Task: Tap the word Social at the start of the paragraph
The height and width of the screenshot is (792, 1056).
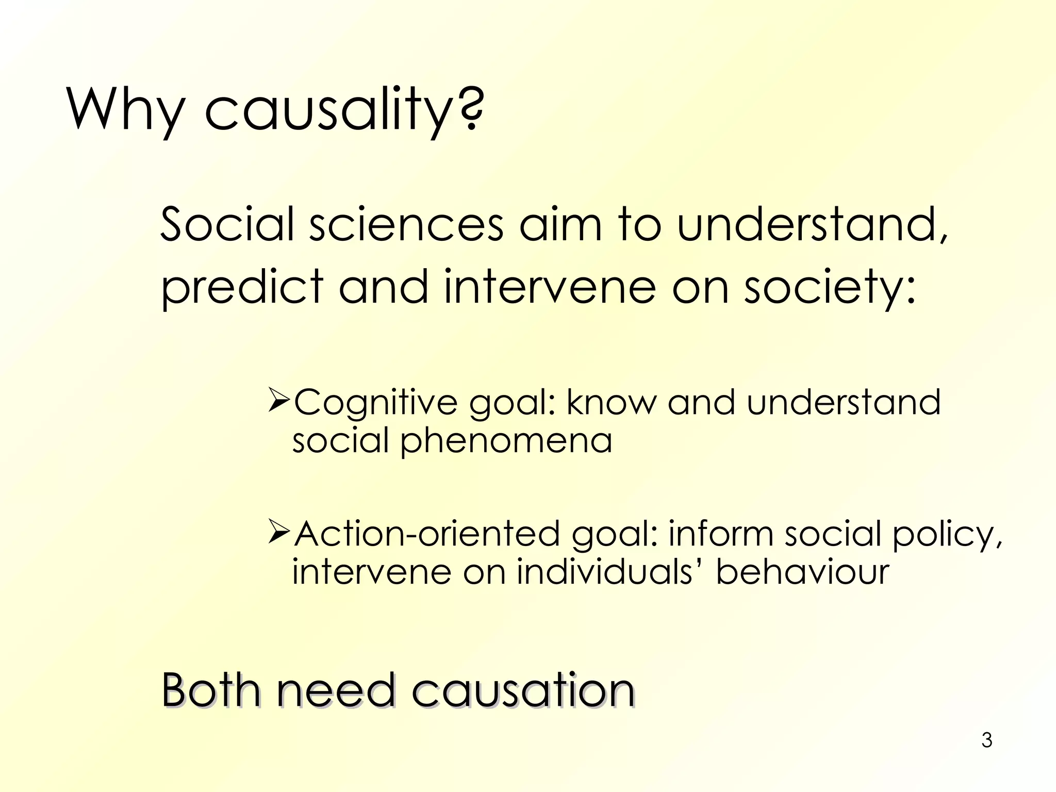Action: pos(227,224)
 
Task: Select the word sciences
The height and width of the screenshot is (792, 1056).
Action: pos(406,224)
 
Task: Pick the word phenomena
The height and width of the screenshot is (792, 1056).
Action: pos(506,441)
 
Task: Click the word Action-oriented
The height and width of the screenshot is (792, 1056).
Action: pos(427,534)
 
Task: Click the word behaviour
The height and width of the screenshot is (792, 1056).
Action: pos(802,572)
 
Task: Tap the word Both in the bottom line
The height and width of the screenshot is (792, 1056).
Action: pos(211,690)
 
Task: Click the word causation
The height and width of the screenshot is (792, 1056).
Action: pos(522,690)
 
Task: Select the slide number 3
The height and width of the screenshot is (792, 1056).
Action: pos(986,740)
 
